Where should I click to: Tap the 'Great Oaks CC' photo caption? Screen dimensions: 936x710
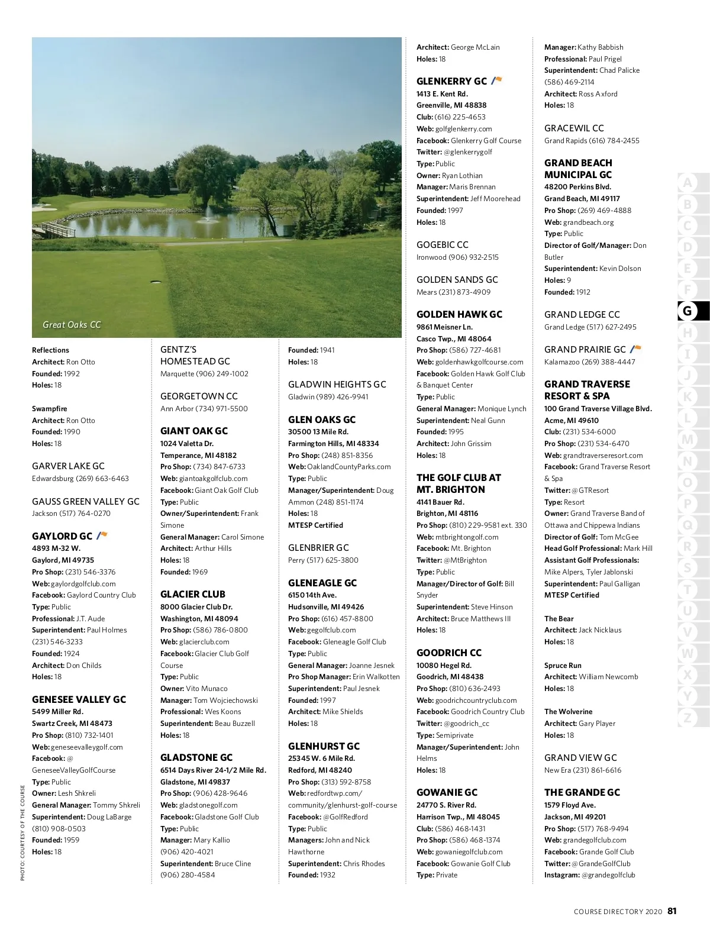point(72,325)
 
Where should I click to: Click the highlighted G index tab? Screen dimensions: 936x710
point(687,311)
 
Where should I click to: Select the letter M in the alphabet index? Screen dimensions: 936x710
point(687,440)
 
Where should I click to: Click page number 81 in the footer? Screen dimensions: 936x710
point(672,911)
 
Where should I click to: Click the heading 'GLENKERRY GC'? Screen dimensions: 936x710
point(451,82)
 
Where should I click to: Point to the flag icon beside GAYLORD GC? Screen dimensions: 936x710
point(102,535)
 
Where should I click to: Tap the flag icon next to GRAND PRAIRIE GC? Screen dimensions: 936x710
point(635,349)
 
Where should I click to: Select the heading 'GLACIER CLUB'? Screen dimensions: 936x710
point(192,595)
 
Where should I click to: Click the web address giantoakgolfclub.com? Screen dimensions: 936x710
point(213,479)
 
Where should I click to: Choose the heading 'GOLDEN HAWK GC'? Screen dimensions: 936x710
point(459,315)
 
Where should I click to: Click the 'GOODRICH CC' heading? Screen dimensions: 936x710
point(448,653)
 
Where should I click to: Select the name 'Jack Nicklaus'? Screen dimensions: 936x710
point(600,630)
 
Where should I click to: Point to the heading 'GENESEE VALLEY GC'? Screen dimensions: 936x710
point(79,700)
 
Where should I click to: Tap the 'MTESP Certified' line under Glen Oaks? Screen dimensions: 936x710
point(315,525)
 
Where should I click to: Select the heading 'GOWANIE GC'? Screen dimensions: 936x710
point(446,793)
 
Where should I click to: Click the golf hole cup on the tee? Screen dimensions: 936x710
point(157,282)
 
